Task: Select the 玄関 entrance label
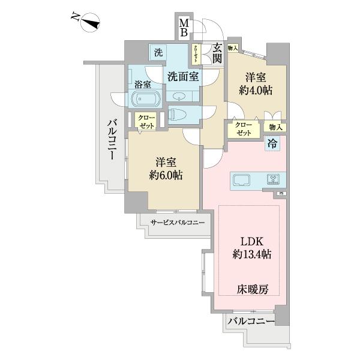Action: coord(217,53)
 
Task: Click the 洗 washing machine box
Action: coord(158,53)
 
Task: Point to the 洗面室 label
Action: coord(183,76)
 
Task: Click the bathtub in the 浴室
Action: coord(143,99)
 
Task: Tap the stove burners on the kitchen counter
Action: coord(274,179)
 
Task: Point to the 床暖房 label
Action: coord(252,289)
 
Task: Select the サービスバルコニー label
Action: coord(178,223)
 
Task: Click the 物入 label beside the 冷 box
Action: coord(276,127)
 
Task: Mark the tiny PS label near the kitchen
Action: coord(281,194)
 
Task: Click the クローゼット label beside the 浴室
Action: coord(146,122)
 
